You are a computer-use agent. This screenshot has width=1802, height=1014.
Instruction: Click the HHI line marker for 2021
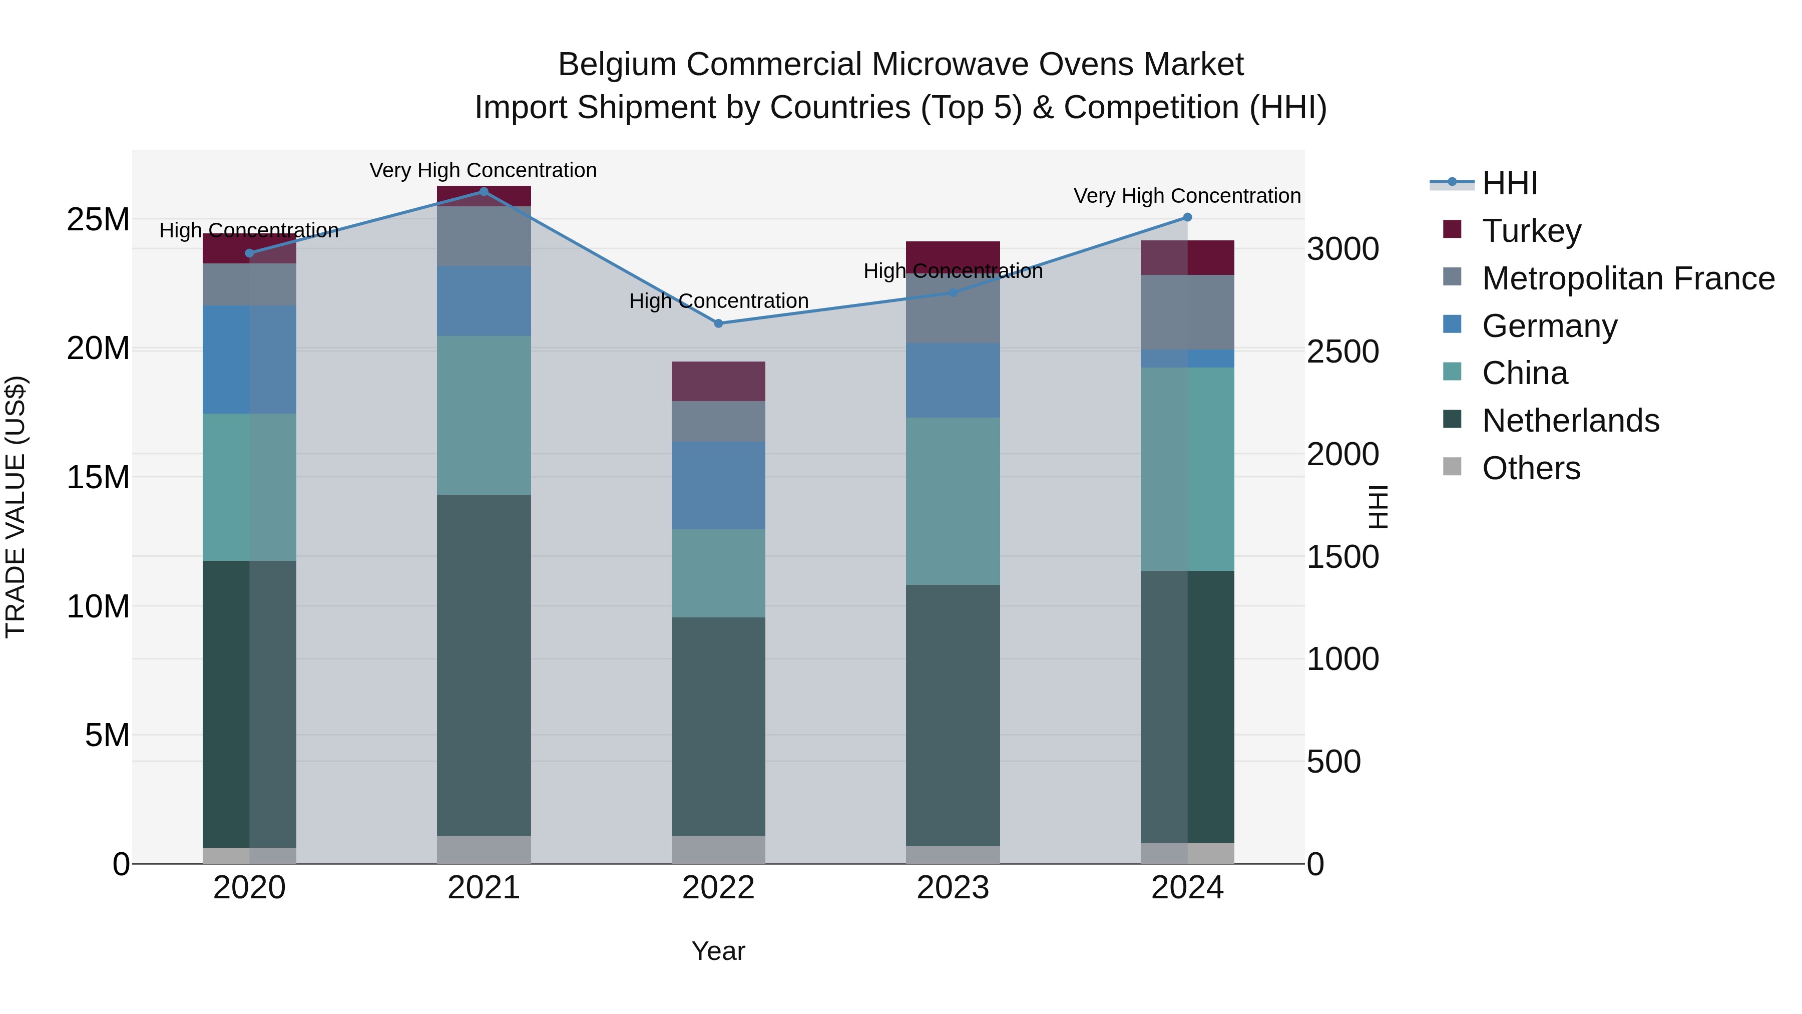[x=484, y=191]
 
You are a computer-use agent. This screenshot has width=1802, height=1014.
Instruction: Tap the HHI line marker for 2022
[x=718, y=323]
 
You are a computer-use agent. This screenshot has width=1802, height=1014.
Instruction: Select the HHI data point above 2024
[x=1187, y=218]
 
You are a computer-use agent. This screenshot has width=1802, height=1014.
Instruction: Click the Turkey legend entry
[x=1531, y=231]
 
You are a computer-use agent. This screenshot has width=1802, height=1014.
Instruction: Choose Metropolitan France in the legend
[x=1628, y=278]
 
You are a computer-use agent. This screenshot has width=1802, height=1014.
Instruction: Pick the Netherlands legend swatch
[x=1452, y=420]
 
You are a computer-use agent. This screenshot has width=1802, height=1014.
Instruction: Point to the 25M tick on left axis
[x=98, y=220]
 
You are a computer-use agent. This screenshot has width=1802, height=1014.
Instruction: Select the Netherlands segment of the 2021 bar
[x=484, y=665]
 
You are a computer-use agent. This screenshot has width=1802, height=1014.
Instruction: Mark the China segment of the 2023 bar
[x=953, y=501]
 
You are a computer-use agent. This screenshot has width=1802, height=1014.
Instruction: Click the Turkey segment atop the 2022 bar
[x=718, y=382]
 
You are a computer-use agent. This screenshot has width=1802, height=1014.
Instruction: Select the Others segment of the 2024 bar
[x=1187, y=853]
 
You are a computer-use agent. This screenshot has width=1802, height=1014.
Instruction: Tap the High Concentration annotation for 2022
[x=718, y=301]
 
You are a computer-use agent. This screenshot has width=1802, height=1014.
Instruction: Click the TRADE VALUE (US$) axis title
[x=16, y=507]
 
